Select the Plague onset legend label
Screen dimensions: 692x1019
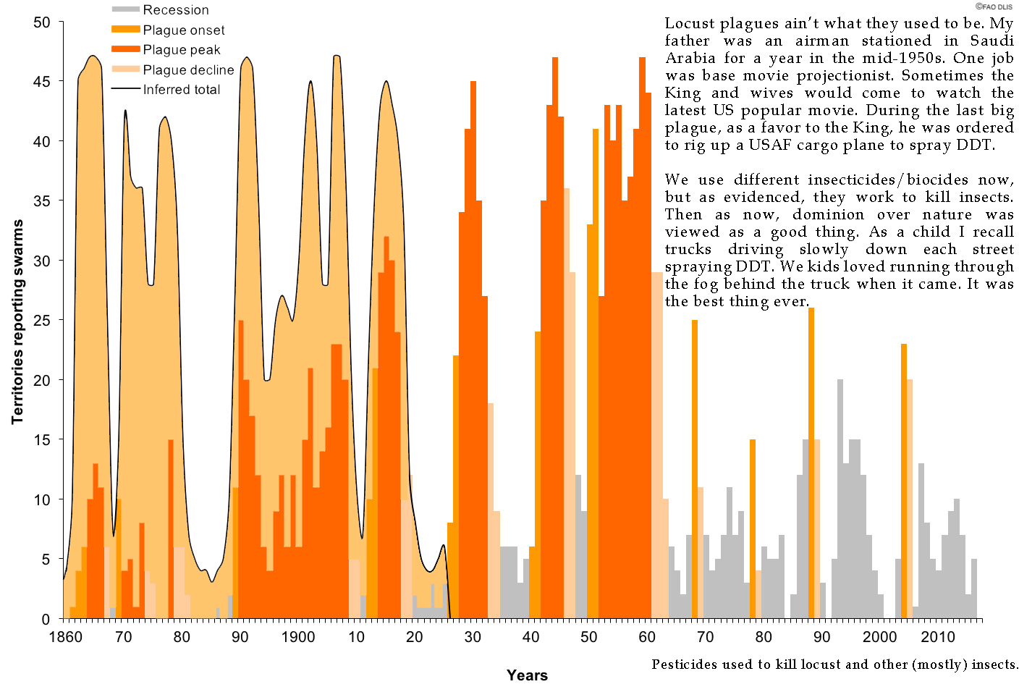[x=183, y=30]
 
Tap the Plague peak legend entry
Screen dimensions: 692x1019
[x=181, y=50]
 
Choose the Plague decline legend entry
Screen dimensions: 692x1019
[x=188, y=70]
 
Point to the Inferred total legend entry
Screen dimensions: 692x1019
[x=181, y=90]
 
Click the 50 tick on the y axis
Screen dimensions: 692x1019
[x=42, y=22]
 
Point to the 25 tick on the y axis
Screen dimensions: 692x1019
[x=42, y=320]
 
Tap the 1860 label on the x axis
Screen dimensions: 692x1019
[x=66, y=637]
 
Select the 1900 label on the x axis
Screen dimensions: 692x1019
[x=298, y=637]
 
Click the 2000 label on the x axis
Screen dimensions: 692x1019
[x=879, y=637]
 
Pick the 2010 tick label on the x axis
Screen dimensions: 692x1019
[x=938, y=637]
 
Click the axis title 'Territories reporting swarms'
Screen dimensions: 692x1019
[x=18, y=321]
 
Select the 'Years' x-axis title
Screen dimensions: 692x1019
[x=527, y=675]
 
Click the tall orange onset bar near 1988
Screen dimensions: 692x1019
[x=811, y=463]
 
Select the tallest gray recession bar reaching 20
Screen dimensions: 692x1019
[x=840, y=499]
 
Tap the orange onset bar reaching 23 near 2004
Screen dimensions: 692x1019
[x=904, y=481]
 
